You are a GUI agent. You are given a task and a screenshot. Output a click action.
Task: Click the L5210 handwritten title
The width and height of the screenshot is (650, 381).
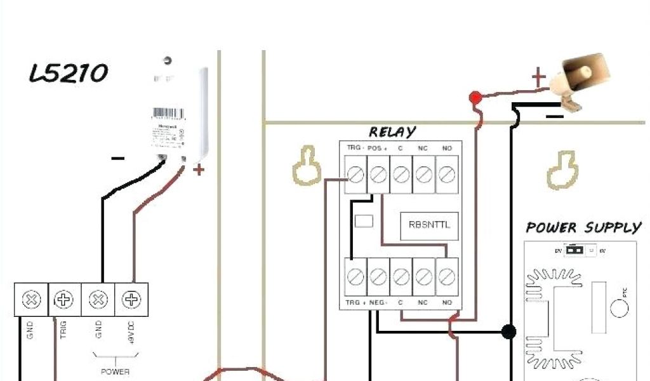[x=69, y=74]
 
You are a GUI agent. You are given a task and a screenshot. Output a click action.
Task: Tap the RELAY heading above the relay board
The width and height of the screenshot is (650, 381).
[x=393, y=132]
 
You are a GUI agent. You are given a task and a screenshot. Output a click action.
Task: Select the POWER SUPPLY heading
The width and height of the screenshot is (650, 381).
[x=583, y=227]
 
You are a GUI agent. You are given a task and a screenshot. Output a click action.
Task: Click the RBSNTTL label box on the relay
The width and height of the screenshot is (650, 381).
[x=429, y=225]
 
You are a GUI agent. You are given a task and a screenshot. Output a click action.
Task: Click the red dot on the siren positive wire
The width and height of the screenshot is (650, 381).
[x=474, y=98]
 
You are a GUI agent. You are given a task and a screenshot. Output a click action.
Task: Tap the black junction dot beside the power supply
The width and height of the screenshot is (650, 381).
[x=508, y=331]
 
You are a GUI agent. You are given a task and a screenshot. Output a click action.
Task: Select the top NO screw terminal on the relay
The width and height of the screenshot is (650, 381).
[x=447, y=173]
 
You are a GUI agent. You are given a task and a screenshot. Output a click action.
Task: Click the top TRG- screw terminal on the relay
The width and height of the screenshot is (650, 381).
[x=355, y=173]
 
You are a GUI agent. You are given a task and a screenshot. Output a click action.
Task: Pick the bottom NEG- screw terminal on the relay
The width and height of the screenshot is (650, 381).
[x=378, y=277]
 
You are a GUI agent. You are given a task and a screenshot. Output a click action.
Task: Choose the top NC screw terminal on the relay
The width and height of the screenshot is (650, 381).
[x=423, y=173]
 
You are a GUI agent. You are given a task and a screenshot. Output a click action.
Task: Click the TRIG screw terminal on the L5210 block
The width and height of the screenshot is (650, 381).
[x=64, y=299]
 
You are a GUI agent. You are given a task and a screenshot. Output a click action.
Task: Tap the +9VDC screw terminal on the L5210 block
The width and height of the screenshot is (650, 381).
[x=131, y=299]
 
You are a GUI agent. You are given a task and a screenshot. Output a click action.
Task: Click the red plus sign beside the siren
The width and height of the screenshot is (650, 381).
[x=539, y=78]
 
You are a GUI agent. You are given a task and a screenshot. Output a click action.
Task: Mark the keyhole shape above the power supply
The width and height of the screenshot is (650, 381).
[x=562, y=170]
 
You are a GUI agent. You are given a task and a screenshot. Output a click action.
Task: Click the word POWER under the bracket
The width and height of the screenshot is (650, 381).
[x=115, y=371]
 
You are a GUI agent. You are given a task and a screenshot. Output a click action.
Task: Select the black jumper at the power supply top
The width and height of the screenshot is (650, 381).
[x=575, y=250]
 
